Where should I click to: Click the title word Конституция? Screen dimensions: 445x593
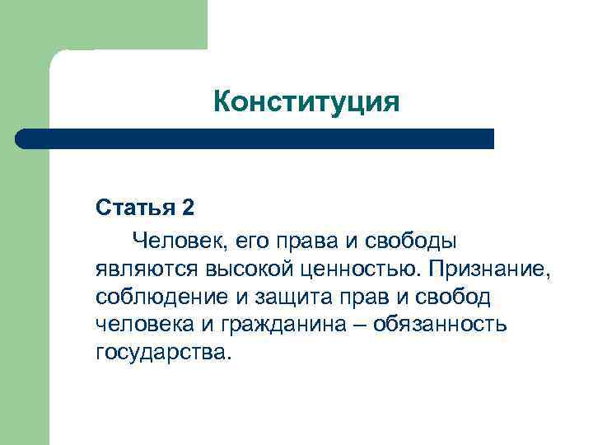coord(306,102)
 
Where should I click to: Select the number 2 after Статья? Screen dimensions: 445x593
coord(188,207)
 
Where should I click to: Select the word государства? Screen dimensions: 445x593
coord(164,352)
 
